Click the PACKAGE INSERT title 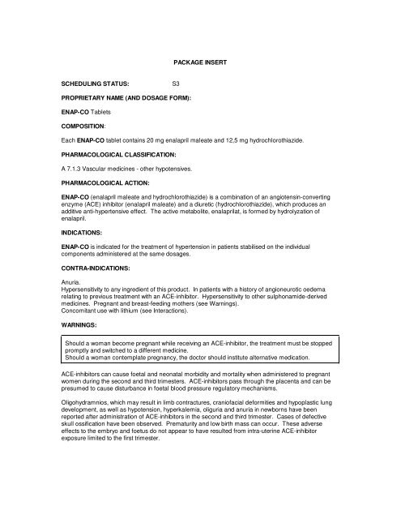pyautogui.click(x=201, y=62)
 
